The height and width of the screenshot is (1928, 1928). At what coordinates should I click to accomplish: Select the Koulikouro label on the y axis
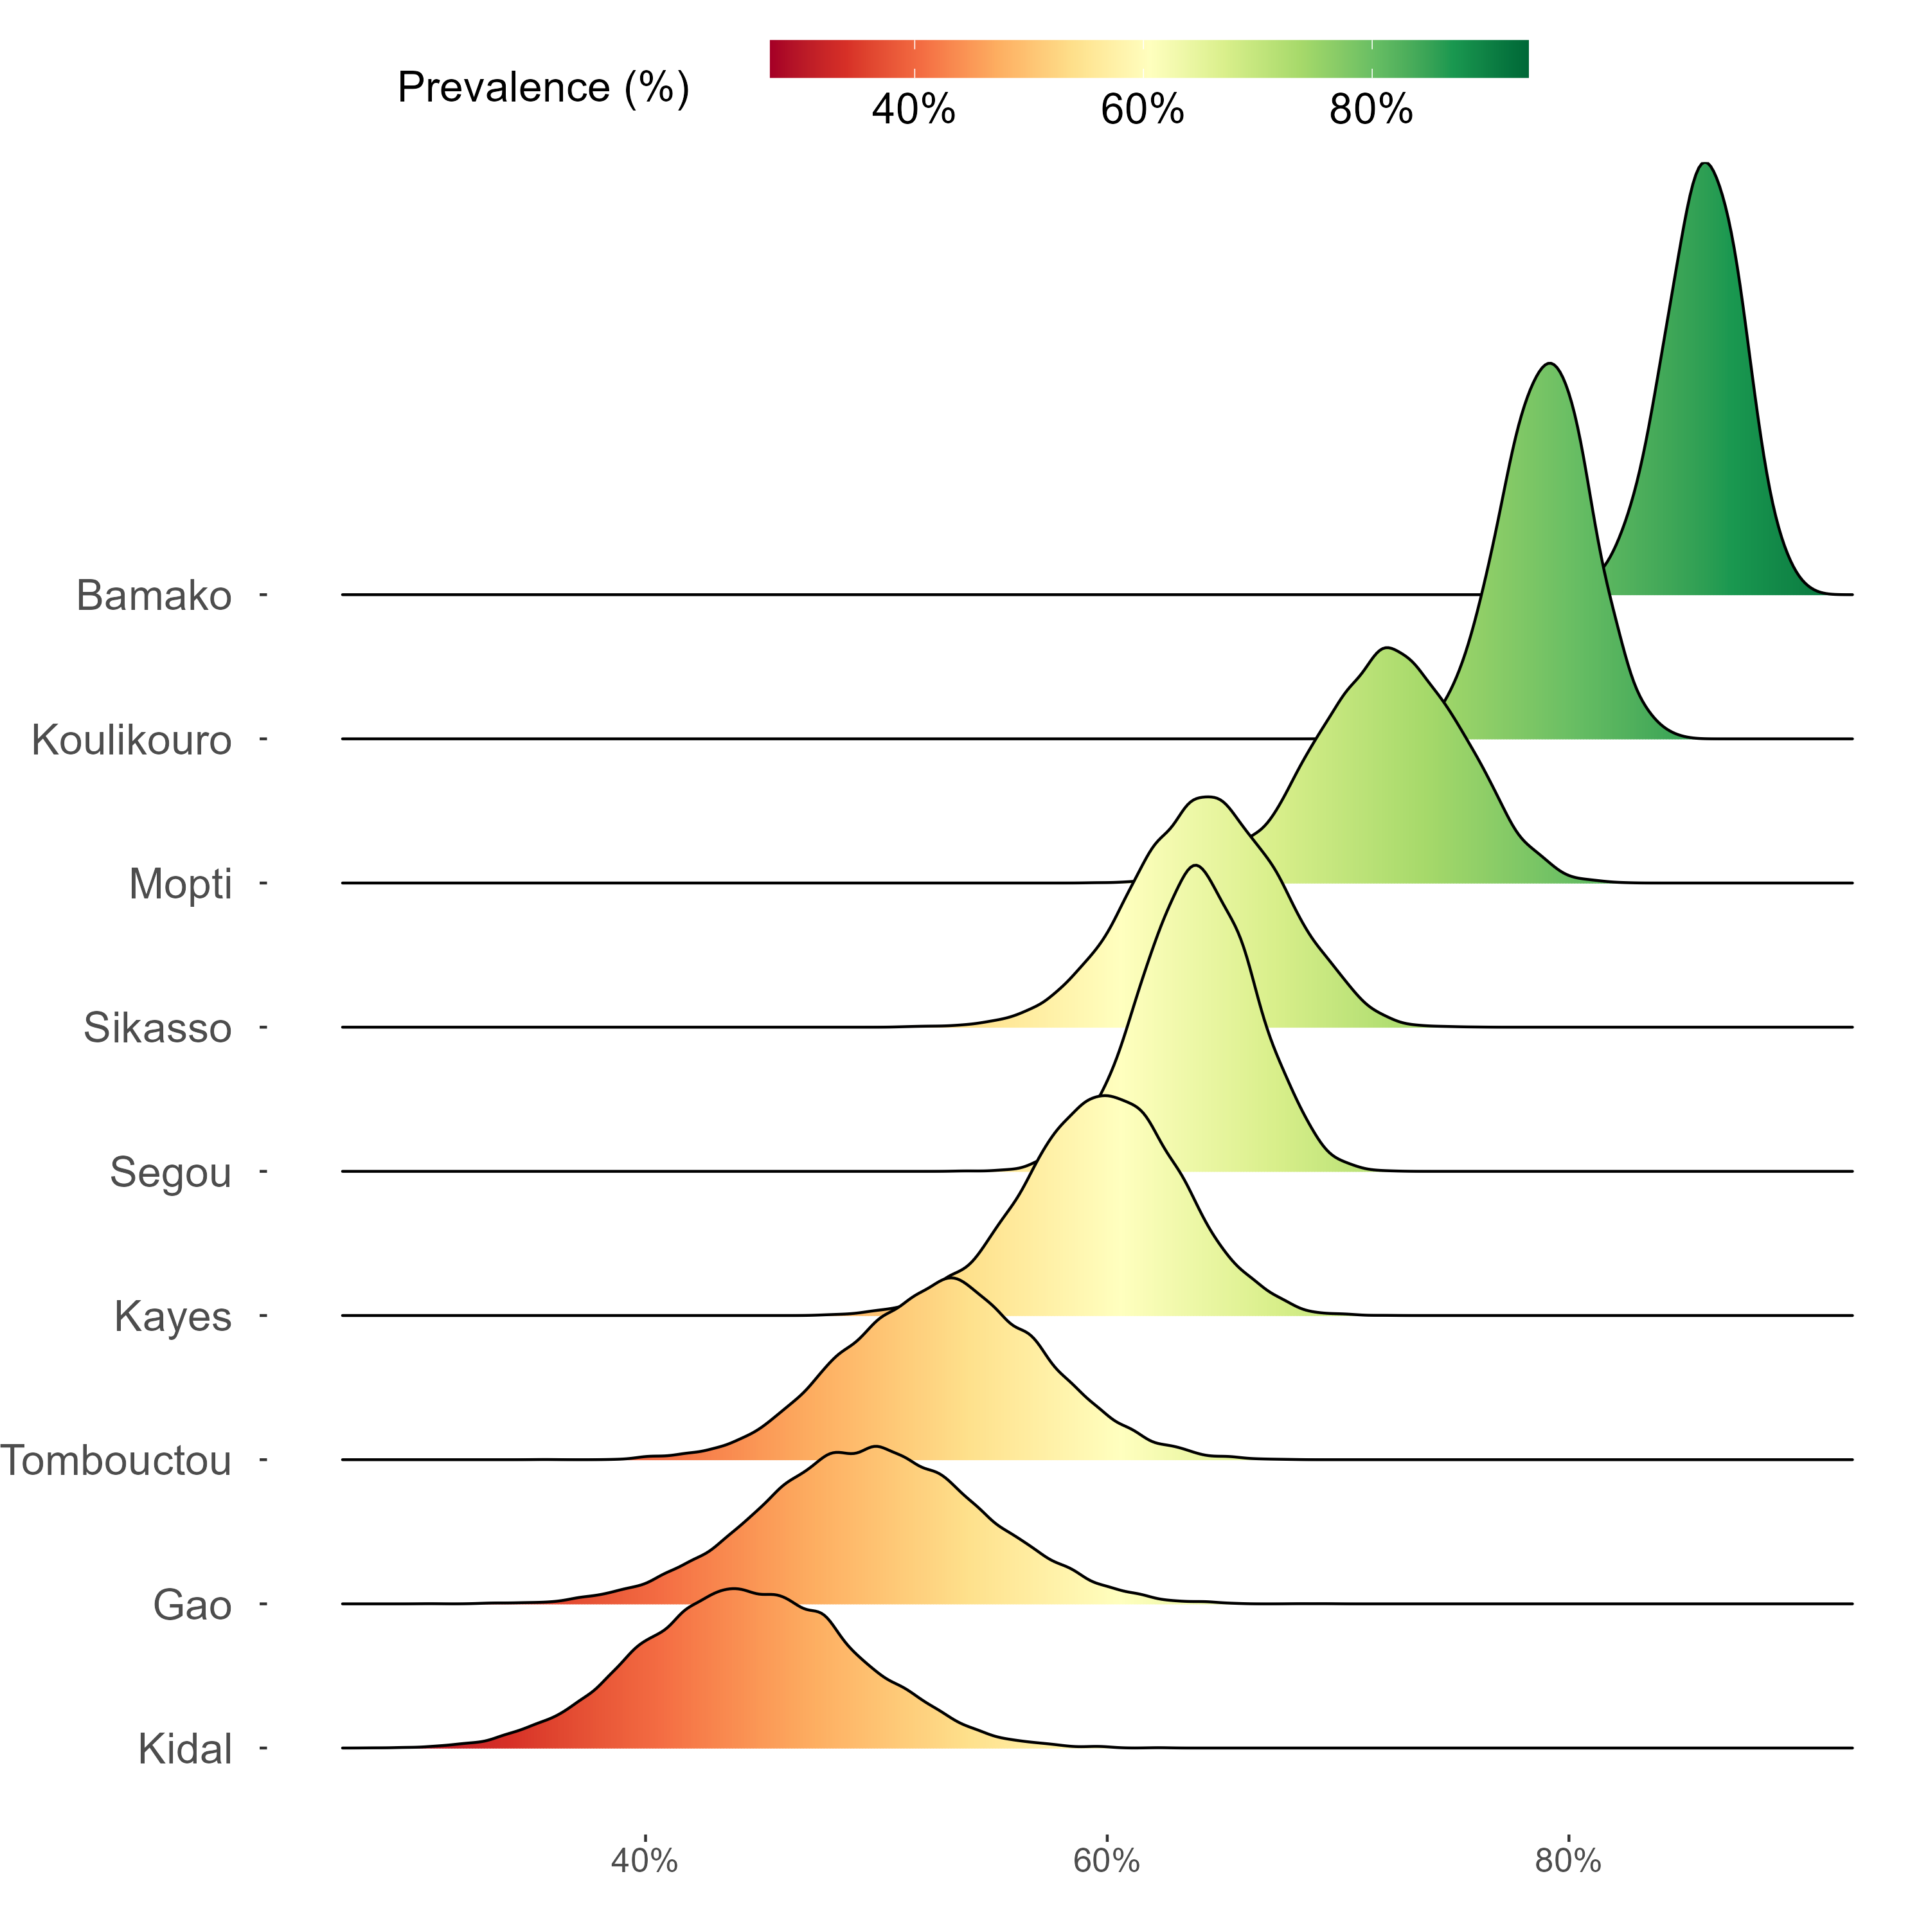132,740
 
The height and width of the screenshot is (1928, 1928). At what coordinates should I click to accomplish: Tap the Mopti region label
181,884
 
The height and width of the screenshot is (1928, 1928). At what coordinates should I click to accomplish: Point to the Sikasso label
157,1028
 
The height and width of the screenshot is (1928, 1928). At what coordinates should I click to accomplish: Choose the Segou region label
171,1173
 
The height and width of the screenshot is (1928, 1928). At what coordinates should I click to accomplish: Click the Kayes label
173,1316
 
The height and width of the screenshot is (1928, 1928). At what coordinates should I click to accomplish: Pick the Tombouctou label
117,1461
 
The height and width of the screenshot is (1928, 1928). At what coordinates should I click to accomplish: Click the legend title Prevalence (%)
543,88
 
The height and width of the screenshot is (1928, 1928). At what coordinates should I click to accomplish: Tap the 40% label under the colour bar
913,110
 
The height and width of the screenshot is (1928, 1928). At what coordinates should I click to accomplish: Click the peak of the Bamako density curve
1706,164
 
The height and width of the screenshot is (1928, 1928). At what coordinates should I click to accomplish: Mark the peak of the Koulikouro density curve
1549,364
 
